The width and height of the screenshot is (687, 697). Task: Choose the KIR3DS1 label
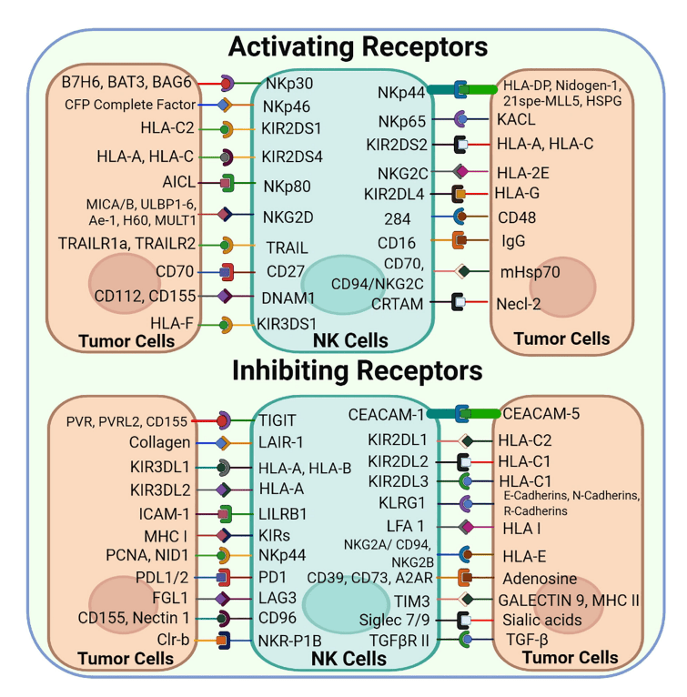point(290,323)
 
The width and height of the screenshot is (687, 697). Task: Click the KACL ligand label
point(517,119)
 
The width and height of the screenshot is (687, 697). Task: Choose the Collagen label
point(160,443)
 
